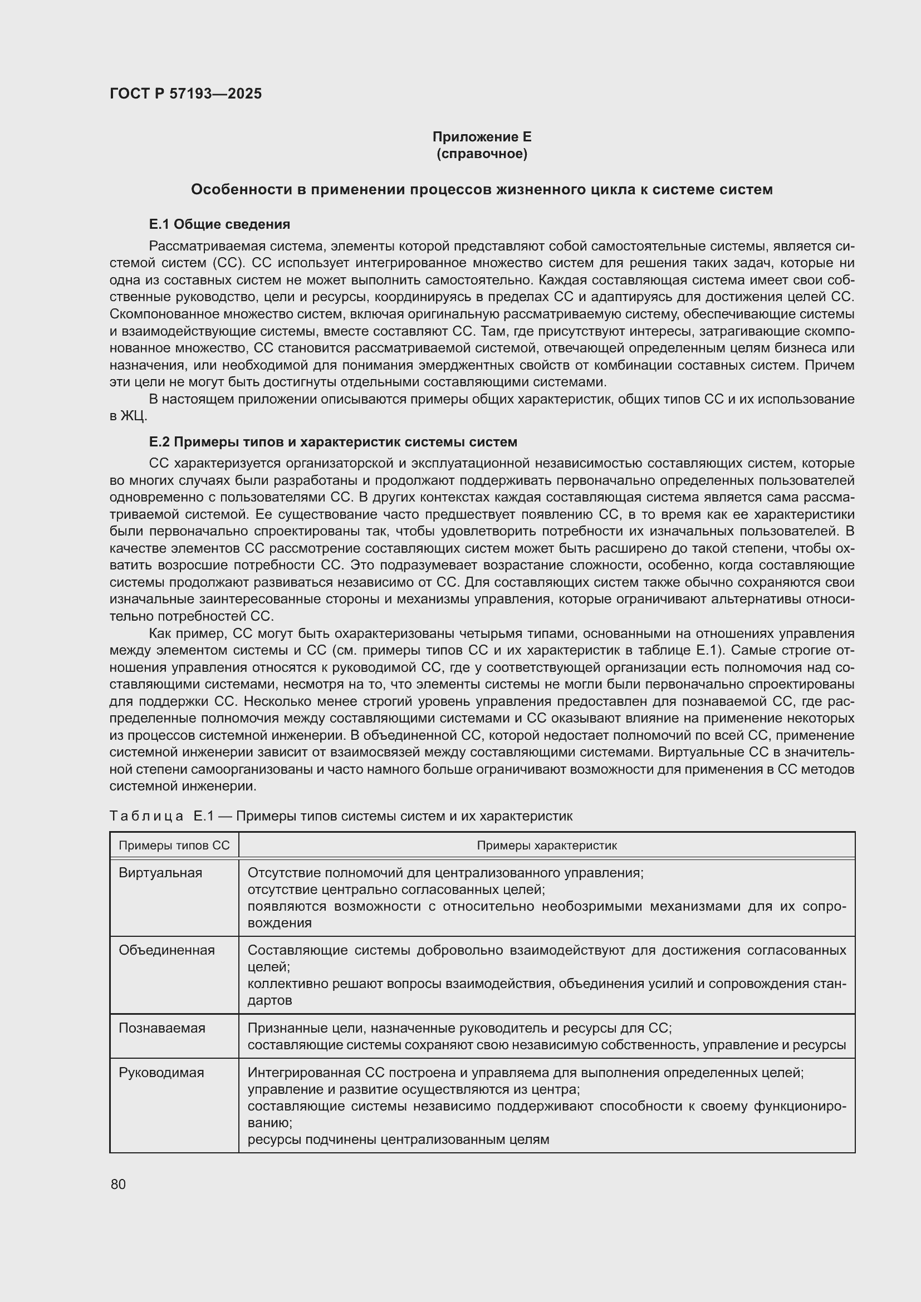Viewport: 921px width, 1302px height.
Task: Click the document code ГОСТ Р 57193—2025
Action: [x=185, y=94]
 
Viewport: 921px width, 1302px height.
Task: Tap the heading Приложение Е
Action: [x=482, y=137]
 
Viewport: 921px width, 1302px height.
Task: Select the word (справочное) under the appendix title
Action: [x=482, y=154]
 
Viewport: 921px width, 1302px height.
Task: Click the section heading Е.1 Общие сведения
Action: [x=219, y=224]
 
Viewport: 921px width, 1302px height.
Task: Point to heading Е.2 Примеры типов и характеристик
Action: [x=333, y=442]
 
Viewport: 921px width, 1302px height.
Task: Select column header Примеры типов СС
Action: [x=174, y=846]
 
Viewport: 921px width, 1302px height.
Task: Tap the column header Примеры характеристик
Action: [x=546, y=846]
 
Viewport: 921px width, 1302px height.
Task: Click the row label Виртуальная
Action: [x=160, y=873]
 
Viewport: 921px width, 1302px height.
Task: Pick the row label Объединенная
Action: [x=166, y=950]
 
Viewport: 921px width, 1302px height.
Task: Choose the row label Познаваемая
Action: [x=161, y=1028]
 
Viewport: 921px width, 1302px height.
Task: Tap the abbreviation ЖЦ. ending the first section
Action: [x=134, y=416]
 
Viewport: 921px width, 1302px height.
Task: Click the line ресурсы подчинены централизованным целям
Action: [x=398, y=1140]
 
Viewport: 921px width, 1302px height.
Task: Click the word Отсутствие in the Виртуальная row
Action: [x=282, y=873]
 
